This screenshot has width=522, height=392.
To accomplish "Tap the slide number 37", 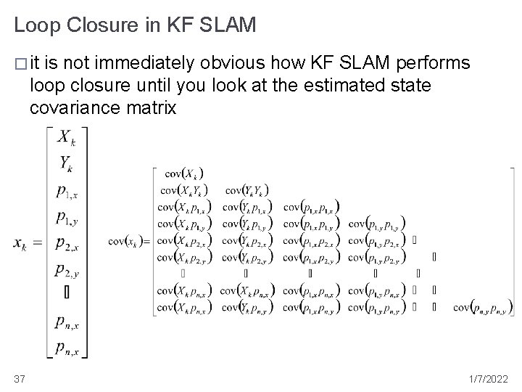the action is [20, 378].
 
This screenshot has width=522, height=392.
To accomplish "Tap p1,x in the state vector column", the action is [69, 191].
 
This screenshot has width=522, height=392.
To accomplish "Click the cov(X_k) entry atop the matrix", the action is [184, 173].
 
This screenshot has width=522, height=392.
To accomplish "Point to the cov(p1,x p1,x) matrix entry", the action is [311, 206].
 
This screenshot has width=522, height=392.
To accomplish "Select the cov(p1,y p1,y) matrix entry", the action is [376, 223].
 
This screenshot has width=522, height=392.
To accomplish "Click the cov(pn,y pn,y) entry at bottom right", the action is [482, 307].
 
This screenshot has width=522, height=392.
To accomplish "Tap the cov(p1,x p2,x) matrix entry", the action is [311, 240].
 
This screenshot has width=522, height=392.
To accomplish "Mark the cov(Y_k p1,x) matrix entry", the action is [247, 206].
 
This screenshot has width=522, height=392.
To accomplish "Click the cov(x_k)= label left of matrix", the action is [128, 240].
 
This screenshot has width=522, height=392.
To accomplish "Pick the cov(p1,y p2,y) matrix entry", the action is [376, 256].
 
